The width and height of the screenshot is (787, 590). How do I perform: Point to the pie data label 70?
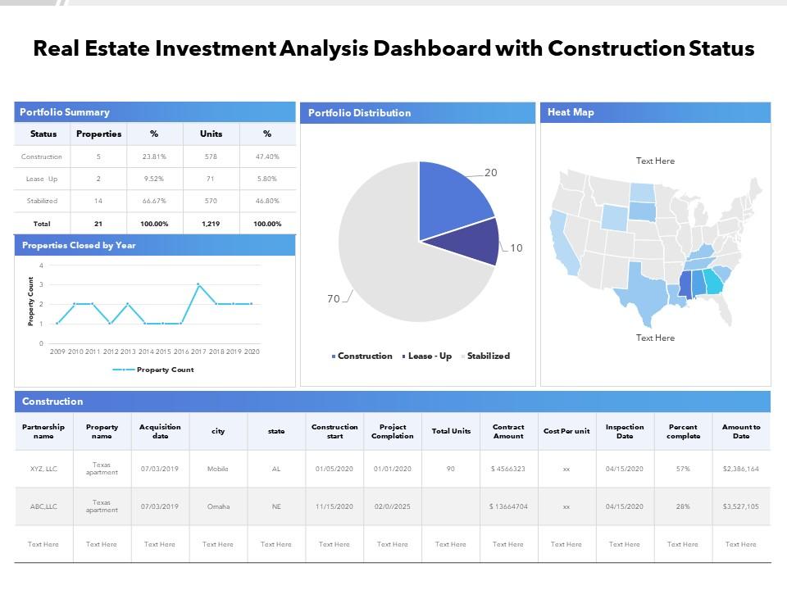[x=334, y=299]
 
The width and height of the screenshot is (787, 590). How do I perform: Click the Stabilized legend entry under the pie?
[x=488, y=356]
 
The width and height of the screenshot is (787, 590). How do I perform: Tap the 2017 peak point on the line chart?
[x=198, y=284]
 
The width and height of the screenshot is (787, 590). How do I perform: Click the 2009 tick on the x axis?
[x=57, y=352]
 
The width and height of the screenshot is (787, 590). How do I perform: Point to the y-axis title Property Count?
[x=31, y=302]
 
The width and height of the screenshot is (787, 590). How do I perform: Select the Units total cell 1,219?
[x=211, y=224]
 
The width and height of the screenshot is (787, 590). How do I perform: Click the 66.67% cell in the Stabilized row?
[x=153, y=201]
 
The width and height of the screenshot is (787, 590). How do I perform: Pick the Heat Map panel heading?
[x=571, y=112]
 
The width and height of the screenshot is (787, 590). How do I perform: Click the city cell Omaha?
[x=218, y=506]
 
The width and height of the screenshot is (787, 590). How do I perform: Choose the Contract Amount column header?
[x=508, y=431]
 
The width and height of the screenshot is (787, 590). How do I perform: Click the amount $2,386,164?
[x=741, y=469]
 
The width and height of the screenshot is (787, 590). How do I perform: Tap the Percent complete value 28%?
[x=683, y=506]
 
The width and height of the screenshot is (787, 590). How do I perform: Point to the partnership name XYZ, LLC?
[x=43, y=469]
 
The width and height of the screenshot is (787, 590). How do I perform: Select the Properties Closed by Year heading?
[x=79, y=245]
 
